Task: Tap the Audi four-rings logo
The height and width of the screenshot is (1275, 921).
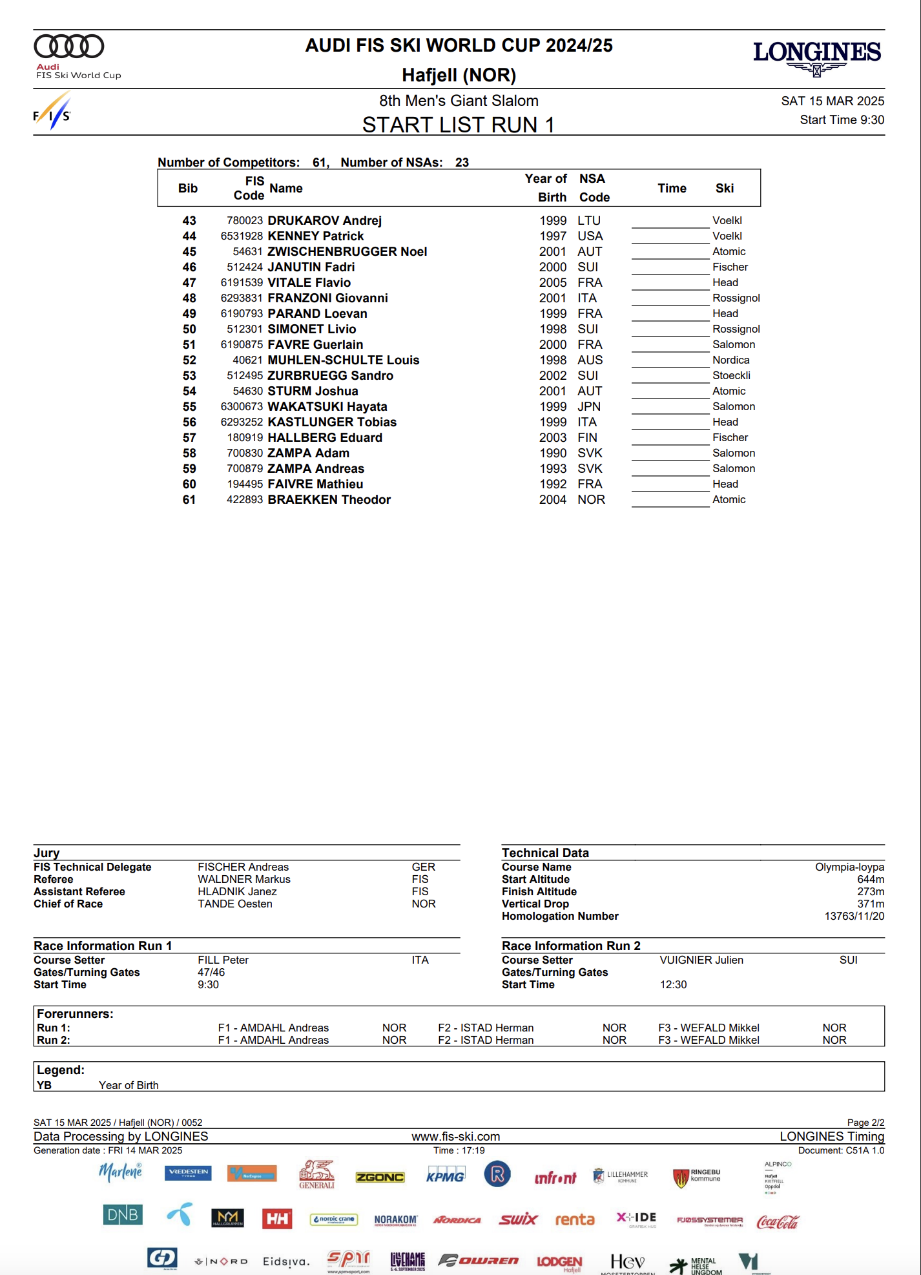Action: (68, 47)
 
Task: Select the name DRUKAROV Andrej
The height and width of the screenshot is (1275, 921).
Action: (324, 221)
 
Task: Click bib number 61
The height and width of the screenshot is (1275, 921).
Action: (189, 500)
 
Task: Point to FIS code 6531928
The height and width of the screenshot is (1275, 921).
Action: (242, 236)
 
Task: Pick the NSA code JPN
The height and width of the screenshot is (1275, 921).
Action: (589, 407)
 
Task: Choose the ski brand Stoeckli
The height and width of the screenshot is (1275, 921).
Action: (731, 376)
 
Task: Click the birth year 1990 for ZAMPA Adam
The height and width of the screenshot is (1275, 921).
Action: (553, 453)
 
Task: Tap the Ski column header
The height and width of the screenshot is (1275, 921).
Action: (724, 189)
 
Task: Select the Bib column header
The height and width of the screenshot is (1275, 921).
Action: (188, 189)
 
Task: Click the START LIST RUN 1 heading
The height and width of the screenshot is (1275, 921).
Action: (458, 125)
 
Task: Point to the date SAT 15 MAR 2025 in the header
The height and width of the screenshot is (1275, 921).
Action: (832, 101)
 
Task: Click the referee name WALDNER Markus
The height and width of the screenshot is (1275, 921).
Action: (244, 880)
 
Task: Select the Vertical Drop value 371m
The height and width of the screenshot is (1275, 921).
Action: (871, 904)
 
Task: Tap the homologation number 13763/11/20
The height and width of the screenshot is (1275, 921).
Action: (854, 917)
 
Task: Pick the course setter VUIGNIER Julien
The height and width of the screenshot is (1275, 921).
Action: (701, 960)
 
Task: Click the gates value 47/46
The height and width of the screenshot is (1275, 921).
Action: (211, 973)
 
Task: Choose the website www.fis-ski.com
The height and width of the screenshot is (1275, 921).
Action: (455, 1137)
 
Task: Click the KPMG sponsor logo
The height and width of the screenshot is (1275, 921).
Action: (445, 1176)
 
